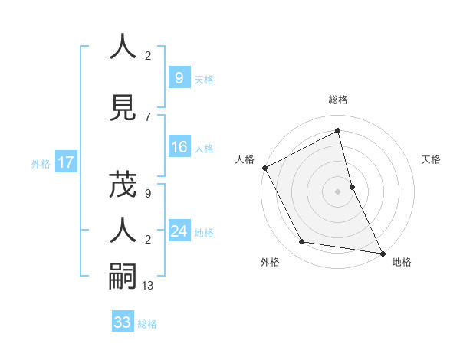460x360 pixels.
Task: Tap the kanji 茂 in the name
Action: pyautogui.click(x=123, y=187)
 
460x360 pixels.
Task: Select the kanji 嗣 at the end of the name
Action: pyautogui.click(x=123, y=275)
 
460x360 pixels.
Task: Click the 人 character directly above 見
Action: pyautogui.click(x=123, y=47)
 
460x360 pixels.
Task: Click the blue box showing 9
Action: pyautogui.click(x=179, y=77)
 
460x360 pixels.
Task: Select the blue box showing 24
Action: pyautogui.click(x=179, y=231)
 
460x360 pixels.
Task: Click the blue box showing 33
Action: pyautogui.click(x=122, y=322)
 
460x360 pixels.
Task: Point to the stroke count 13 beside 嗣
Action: pyautogui.click(x=149, y=286)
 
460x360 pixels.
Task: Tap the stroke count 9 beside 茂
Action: pyautogui.click(x=148, y=194)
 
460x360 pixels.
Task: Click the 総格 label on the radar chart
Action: pyautogui.click(x=338, y=100)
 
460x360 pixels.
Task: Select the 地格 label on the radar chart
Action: pyautogui.click(x=402, y=262)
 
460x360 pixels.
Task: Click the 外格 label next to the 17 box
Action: pyautogui.click(x=40, y=163)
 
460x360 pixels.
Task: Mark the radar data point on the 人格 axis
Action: pyautogui.click(x=264, y=168)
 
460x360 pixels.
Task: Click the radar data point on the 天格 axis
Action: pyautogui.click(x=352, y=187)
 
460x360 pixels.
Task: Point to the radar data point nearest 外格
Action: pyautogui.click(x=302, y=242)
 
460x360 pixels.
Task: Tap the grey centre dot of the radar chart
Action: pyautogui.click(x=338, y=191)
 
